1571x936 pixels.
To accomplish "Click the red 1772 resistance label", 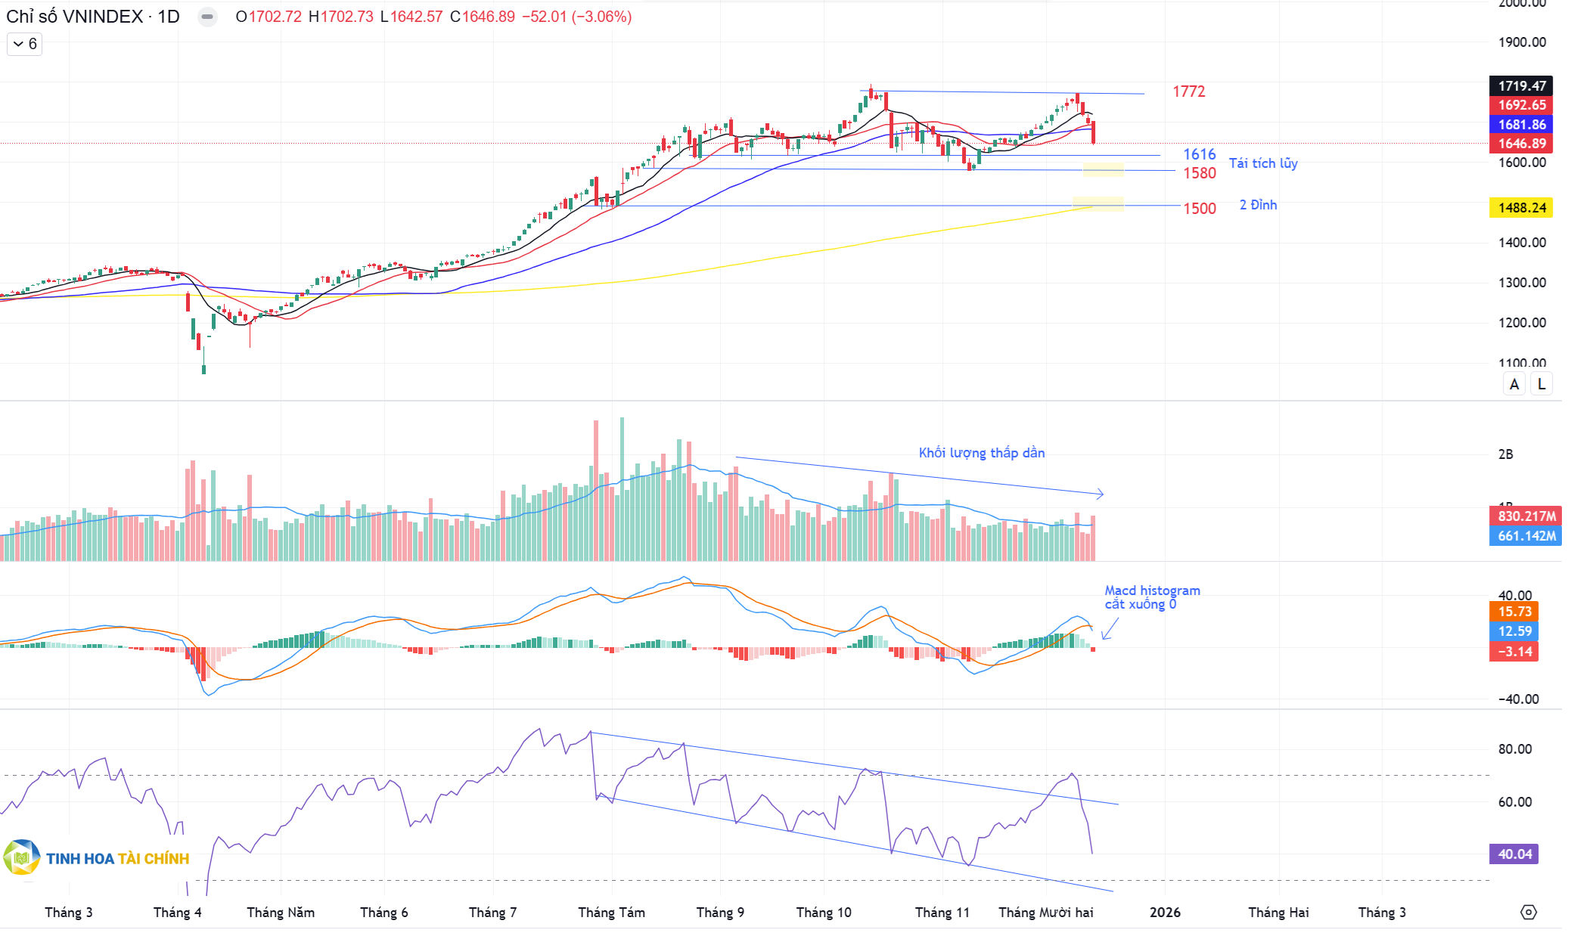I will pyautogui.click(x=1188, y=91).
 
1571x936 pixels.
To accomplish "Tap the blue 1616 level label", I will pyautogui.click(x=1199, y=154).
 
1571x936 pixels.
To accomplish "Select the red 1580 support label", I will pyautogui.click(x=1199, y=173).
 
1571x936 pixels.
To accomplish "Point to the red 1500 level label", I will pyautogui.click(x=1199, y=209).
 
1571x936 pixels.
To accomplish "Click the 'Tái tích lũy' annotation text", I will pyautogui.click(x=1262, y=163).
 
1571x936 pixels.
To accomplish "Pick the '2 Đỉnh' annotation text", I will pyautogui.click(x=1257, y=205).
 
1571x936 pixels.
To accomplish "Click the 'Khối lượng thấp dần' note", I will pyautogui.click(x=981, y=453).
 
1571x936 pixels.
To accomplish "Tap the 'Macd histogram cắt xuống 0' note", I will pyautogui.click(x=1151, y=597).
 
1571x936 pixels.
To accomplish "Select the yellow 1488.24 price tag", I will pyautogui.click(x=1521, y=208).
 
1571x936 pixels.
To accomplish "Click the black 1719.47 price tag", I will pyautogui.click(x=1521, y=86).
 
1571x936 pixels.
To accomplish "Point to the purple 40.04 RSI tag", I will pyautogui.click(x=1514, y=854).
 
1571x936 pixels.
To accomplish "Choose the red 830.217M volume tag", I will pyautogui.click(x=1526, y=516).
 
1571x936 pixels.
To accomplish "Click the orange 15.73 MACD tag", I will pyautogui.click(x=1514, y=612).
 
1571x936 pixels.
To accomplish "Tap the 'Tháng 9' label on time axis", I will pyautogui.click(x=720, y=913).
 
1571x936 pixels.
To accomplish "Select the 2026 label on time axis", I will pyautogui.click(x=1165, y=913).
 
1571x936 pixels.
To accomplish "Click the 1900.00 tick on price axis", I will pyautogui.click(x=1522, y=42).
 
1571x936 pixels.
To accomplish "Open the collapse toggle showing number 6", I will pyautogui.click(x=25, y=44).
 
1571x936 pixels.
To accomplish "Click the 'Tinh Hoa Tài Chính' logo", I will pyautogui.click(x=97, y=858).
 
